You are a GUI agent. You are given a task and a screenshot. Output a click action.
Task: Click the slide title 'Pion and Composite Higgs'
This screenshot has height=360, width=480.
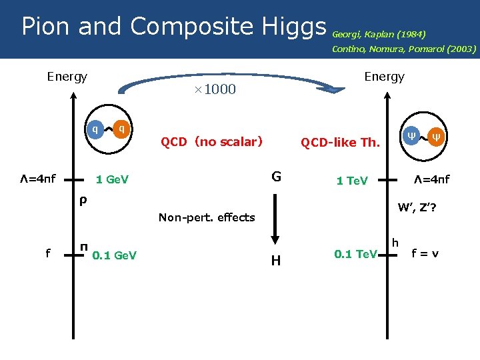(x=173, y=27)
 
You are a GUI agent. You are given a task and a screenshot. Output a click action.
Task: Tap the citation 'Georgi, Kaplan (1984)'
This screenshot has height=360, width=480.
(x=379, y=33)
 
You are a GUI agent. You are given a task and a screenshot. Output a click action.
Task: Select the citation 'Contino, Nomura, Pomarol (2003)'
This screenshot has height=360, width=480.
(x=404, y=49)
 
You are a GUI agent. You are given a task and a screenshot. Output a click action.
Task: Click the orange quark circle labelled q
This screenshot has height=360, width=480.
(x=122, y=129)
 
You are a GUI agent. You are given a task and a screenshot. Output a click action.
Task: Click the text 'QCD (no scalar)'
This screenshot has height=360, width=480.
(x=211, y=141)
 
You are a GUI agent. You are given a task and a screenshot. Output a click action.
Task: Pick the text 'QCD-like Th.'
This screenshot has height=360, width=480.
(x=340, y=142)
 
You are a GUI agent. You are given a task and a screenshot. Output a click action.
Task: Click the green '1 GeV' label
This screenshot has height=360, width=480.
(x=112, y=179)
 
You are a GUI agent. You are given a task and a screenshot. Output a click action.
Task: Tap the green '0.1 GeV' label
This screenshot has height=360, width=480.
(x=115, y=254)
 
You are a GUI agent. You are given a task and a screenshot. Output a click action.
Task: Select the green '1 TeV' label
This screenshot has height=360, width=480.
(x=352, y=181)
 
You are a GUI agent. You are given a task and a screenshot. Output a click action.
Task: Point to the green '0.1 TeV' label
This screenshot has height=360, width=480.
(x=355, y=254)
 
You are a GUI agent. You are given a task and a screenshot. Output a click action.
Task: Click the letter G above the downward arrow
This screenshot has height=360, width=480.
(x=276, y=177)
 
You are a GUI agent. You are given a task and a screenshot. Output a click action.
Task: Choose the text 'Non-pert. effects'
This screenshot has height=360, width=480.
(x=207, y=217)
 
